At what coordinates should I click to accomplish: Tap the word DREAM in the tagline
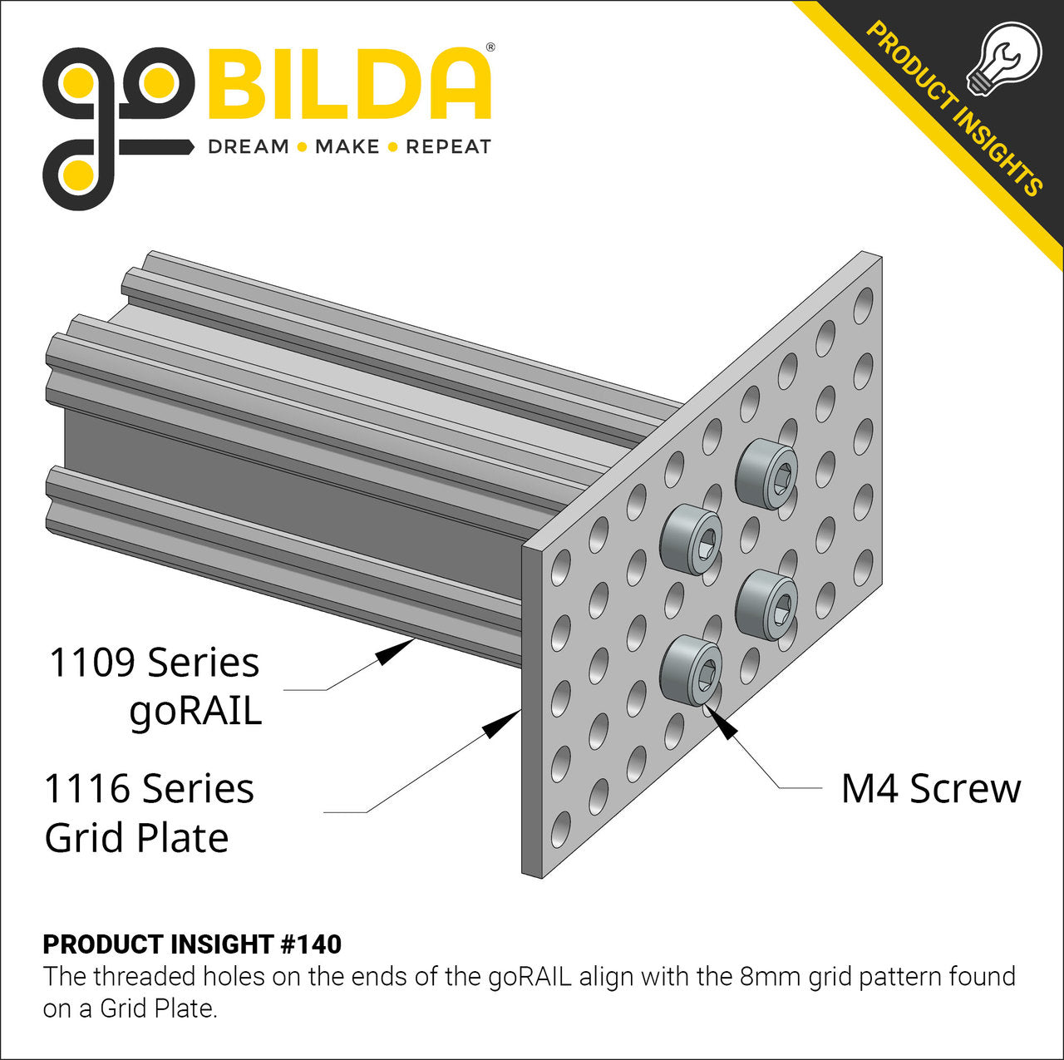tap(248, 147)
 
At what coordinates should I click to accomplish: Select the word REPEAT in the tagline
tap(448, 147)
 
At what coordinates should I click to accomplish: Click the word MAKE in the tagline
tap(347, 147)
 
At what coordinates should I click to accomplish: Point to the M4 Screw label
tap(930, 788)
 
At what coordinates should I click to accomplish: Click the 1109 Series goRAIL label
tap(155, 687)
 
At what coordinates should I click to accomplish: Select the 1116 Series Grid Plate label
tap(148, 812)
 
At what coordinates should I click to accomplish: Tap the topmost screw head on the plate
tap(766, 474)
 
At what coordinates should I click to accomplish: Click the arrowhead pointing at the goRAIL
tap(394, 651)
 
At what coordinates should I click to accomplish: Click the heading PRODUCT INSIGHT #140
tap(192, 944)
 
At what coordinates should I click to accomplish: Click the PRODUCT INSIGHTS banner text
tap(954, 108)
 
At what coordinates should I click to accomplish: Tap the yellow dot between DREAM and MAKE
tap(303, 147)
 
